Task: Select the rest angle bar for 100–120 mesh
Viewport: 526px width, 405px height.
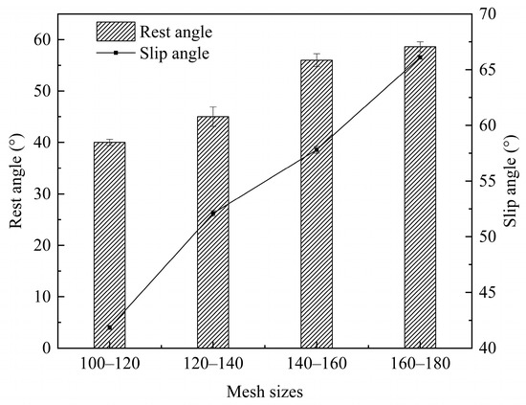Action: (x=109, y=245)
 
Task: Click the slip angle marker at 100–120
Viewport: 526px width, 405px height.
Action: (x=109, y=327)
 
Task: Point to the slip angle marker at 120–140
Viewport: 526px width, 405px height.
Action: (x=212, y=214)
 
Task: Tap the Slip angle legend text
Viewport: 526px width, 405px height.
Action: (x=177, y=53)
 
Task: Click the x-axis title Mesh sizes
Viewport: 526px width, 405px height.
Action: (x=264, y=391)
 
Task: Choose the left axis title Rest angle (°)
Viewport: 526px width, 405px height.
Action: (x=16, y=182)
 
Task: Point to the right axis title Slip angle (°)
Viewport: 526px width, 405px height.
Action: (x=513, y=182)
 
